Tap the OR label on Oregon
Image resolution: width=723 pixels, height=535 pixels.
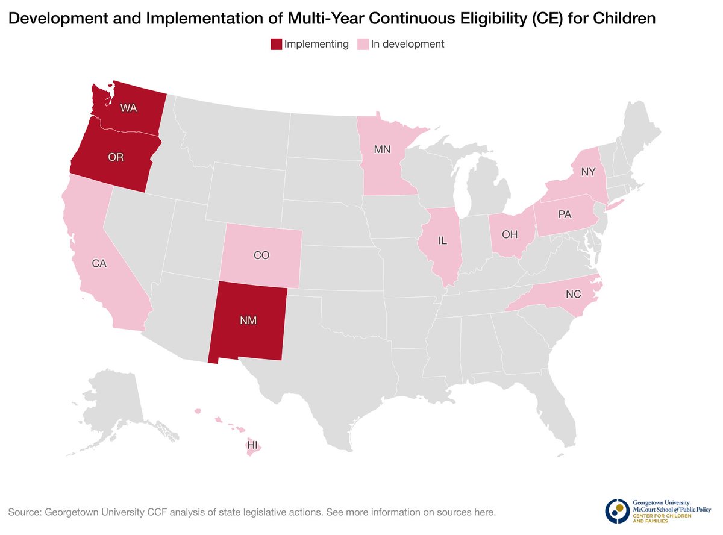click(x=116, y=158)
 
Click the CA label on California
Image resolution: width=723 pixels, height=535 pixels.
click(x=99, y=263)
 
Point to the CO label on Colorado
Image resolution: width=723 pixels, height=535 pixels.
click(x=261, y=255)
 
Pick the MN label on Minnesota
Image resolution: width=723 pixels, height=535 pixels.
click(x=382, y=149)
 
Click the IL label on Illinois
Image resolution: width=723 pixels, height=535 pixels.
click(x=442, y=241)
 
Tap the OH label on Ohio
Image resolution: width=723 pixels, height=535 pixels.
click(x=510, y=233)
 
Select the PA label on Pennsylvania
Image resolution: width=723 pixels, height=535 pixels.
click(x=565, y=214)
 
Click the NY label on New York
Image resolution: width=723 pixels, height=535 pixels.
click(x=589, y=172)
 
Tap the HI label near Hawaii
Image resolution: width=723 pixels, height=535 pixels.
click(x=252, y=445)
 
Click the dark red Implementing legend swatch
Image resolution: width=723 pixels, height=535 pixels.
click(x=276, y=44)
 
